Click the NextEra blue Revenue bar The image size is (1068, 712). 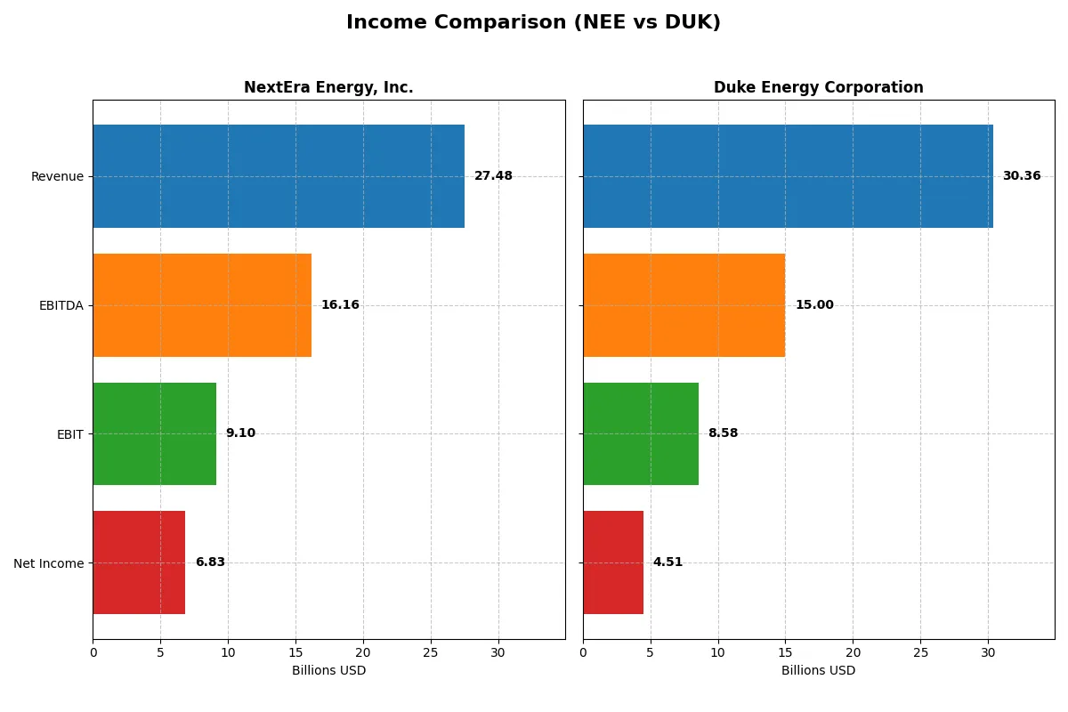click(279, 176)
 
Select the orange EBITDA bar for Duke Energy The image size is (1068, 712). click(684, 305)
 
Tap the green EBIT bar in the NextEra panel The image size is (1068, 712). click(154, 433)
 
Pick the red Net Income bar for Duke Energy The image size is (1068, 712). click(613, 562)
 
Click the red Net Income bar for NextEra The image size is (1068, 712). click(139, 562)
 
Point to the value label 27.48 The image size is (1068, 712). click(493, 176)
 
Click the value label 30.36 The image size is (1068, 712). click(1021, 176)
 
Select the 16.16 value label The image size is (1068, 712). click(340, 305)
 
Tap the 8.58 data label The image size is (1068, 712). click(723, 433)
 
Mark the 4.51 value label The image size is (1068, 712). click(667, 562)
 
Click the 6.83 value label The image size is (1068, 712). click(210, 562)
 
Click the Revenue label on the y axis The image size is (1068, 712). click(57, 176)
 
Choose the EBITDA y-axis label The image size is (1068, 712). click(61, 305)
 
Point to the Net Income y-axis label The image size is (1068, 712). click(49, 562)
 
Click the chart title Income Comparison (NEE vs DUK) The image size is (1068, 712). click(533, 22)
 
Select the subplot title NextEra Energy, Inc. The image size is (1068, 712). click(328, 87)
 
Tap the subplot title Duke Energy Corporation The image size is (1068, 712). click(818, 87)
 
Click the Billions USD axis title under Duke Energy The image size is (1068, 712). click(818, 670)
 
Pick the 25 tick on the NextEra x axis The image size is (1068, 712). click(431, 651)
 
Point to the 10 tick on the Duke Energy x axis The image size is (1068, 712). click(717, 651)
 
